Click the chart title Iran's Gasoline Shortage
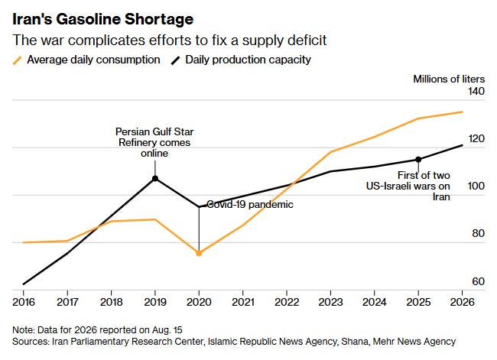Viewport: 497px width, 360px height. (102, 19)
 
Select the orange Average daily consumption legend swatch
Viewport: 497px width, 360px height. (17, 60)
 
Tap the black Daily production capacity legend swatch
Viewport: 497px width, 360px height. (176, 60)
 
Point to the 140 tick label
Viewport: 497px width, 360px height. (476, 91)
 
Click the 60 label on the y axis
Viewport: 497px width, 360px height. (478, 281)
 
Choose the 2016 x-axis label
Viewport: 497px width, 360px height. (24, 302)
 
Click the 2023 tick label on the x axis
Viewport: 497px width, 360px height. (330, 302)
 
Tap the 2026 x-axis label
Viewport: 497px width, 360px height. (462, 302)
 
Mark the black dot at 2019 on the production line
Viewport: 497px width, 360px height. (155, 179)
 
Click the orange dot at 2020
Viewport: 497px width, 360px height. (199, 253)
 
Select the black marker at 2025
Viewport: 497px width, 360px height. (418, 160)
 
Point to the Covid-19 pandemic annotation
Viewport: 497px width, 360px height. (250, 204)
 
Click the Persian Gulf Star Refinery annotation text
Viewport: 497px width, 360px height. (154, 142)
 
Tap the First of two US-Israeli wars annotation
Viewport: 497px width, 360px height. (408, 186)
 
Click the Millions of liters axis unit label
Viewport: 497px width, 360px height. (449, 79)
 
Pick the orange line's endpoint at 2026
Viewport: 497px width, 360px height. (462, 112)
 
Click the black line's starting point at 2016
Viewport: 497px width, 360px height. (24, 284)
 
